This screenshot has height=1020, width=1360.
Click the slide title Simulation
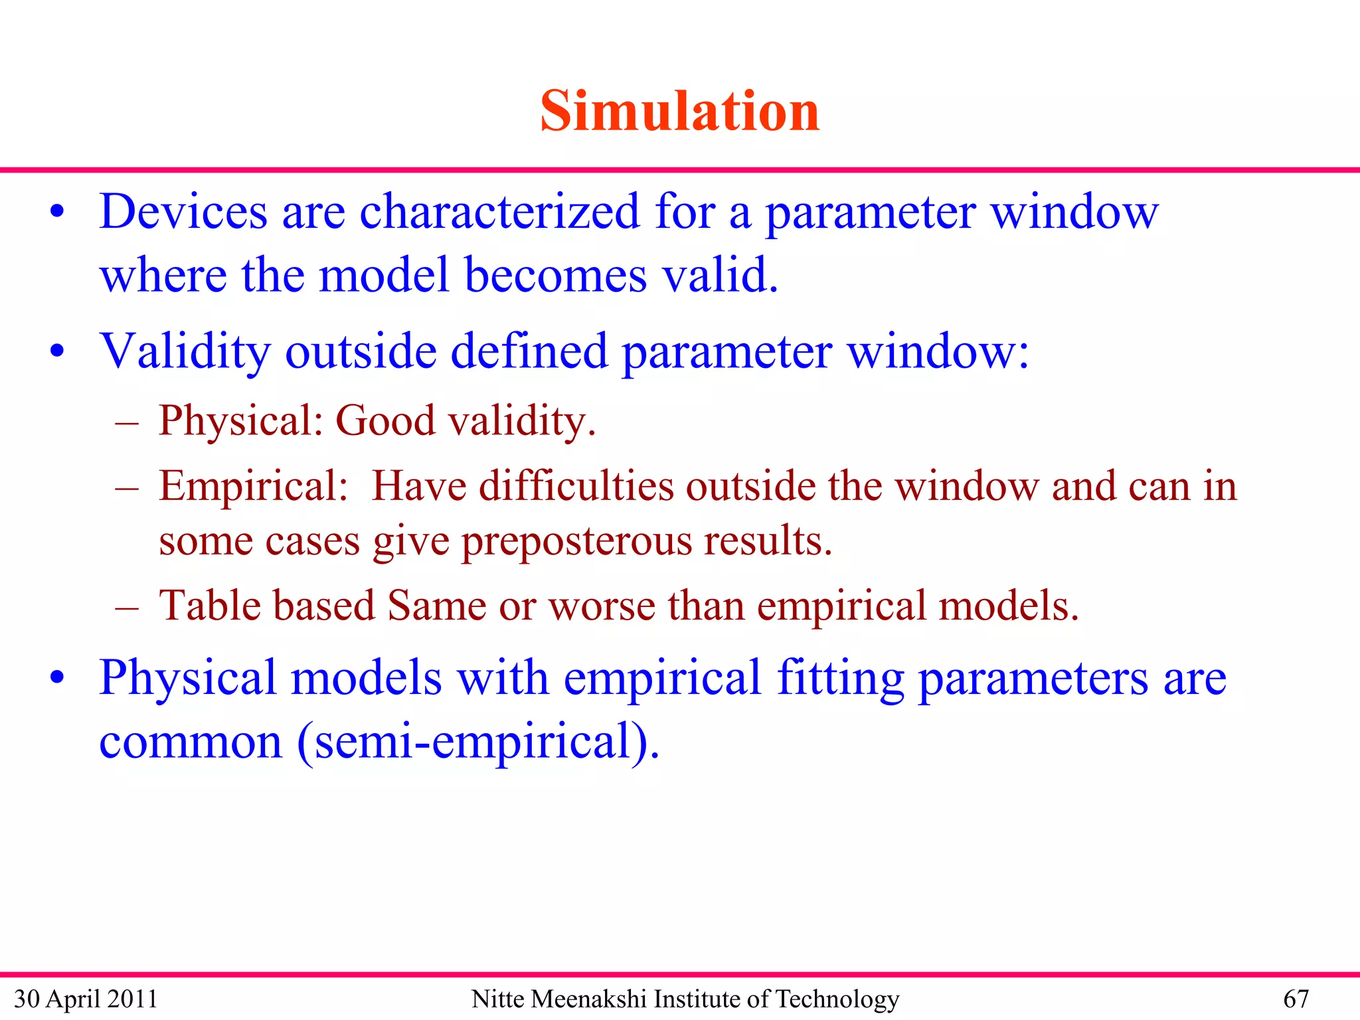pyautogui.click(x=680, y=111)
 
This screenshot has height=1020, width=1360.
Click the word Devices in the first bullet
pyautogui.click(x=183, y=212)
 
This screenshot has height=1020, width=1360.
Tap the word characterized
pyautogui.click(x=499, y=212)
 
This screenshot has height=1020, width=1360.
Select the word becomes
pyautogui.click(x=555, y=275)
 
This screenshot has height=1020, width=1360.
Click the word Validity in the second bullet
pyautogui.click(x=185, y=352)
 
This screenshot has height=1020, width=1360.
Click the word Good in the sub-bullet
pyautogui.click(x=385, y=421)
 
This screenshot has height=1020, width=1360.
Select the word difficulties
pyautogui.click(x=575, y=486)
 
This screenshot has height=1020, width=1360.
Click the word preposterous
pyautogui.click(x=576, y=542)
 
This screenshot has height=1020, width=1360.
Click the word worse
pyautogui.click(x=602, y=607)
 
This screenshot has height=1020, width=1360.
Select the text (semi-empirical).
pyautogui.click(x=478, y=742)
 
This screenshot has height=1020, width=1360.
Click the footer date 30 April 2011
pyautogui.click(x=86, y=999)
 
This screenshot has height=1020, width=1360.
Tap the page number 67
pyautogui.click(x=1296, y=999)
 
